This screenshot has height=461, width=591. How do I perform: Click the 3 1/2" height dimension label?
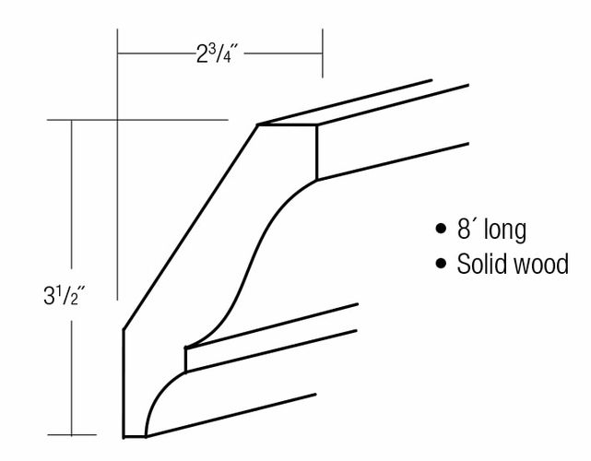pyautogui.click(x=65, y=295)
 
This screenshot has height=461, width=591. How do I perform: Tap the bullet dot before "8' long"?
pyautogui.click(x=440, y=229)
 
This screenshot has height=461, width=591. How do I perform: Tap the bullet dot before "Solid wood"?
pyautogui.click(x=440, y=263)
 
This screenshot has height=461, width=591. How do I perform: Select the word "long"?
pyautogui.click(x=505, y=230)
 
